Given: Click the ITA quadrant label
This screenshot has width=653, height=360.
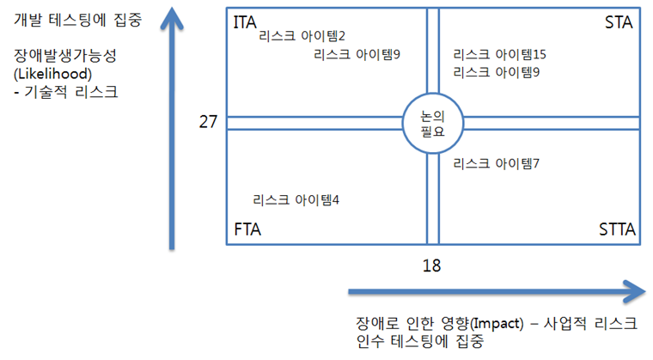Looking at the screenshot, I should (x=245, y=22).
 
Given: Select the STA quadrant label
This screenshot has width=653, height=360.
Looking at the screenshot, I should (x=619, y=22).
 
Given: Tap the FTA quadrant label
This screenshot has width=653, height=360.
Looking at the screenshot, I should (x=247, y=229).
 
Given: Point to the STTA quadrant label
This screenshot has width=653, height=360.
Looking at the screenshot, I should (x=615, y=229).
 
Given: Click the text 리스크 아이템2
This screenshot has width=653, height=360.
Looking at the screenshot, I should (x=302, y=36).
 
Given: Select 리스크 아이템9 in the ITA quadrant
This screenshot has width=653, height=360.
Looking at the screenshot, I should (x=357, y=54).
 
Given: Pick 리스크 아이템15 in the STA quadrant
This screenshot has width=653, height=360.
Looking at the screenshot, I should (x=500, y=54).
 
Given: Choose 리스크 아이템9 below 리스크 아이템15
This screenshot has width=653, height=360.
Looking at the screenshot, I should (x=496, y=72).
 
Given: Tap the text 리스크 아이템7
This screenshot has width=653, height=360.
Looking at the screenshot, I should (x=496, y=162).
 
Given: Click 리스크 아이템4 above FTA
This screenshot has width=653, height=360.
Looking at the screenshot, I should (x=296, y=199).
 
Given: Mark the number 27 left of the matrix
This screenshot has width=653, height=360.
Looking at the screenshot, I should (x=208, y=122).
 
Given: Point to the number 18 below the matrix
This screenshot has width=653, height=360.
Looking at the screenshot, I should (x=432, y=265).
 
